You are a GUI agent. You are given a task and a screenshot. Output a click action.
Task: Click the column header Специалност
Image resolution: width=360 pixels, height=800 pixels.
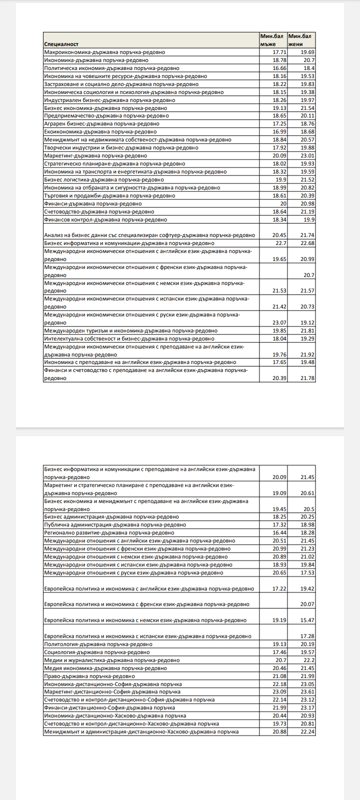(x=61, y=44)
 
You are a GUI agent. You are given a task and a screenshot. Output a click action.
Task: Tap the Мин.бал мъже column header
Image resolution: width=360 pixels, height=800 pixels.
(x=271, y=40)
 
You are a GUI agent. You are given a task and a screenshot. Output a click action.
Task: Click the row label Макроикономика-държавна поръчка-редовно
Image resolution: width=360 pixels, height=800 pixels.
(x=104, y=52)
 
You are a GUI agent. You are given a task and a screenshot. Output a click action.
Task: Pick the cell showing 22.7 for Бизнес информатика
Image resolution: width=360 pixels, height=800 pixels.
(x=280, y=243)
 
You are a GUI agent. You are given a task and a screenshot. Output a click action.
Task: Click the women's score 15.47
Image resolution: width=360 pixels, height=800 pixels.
(x=307, y=620)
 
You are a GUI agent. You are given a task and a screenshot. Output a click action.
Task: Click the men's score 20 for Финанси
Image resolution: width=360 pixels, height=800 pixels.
(x=283, y=203)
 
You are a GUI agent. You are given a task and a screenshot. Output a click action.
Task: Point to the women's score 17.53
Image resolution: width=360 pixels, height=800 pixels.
(x=307, y=572)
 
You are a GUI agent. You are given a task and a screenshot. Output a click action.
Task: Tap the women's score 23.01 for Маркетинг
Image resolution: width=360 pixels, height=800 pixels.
(x=307, y=155)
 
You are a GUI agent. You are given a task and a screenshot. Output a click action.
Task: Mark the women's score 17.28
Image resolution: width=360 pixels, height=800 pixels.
(x=307, y=636)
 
